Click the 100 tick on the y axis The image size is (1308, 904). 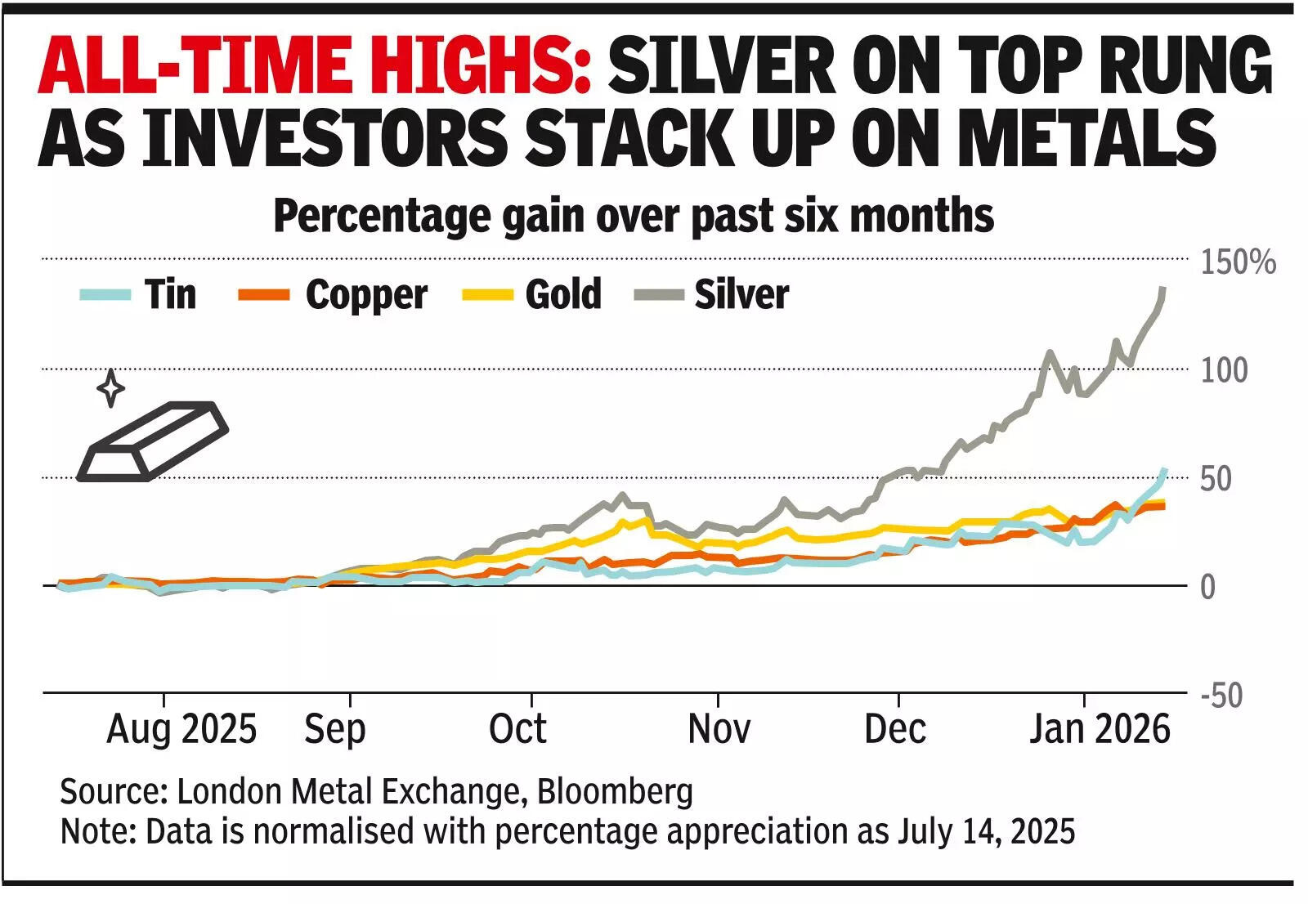coord(1224,371)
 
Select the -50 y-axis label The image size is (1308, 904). coord(1221,696)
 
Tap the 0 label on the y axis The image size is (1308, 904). coord(1207,587)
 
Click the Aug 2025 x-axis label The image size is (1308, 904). coord(181,729)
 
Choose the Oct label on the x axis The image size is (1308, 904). coord(517,729)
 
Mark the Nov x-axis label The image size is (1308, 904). coord(719,729)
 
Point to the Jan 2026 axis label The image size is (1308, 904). coord(1100,729)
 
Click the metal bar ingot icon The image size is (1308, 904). coord(152,441)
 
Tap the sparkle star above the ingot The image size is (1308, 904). coord(110,387)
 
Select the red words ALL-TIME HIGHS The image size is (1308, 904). coord(315,65)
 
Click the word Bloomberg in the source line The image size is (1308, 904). coord(615,791)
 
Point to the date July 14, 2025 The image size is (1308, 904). coord(986,831)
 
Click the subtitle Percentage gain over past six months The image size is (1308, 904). coord(634,217)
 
